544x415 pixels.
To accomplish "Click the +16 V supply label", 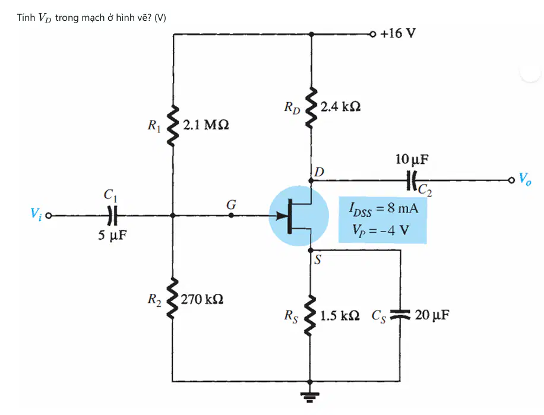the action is click(x=397, y=33).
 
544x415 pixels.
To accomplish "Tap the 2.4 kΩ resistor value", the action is click(x=340, y=106).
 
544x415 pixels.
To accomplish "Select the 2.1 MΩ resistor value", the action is click(x=205, y=125).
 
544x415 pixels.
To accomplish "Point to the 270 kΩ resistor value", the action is click(x=202, y=299).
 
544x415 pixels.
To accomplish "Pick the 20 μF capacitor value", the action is click(x=432, y=315).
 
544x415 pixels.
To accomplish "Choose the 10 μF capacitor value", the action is click(x=412, y=159).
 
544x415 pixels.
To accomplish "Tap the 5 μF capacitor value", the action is click(x=112, y=235).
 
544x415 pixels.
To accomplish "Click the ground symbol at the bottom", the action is click(x=310, y=395).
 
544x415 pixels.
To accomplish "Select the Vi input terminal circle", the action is click(x=49, y=216).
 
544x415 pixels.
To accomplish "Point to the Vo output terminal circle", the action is click(x=511, y=180).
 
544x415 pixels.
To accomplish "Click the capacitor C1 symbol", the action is click(x=112, y=216).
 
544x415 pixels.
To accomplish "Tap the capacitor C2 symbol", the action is click(x=412, y=180).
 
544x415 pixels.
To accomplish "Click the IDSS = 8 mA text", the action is click(x=384, y=209).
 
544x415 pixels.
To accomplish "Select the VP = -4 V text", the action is click(x=381, y=230).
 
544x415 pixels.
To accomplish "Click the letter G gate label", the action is click(x=231, y=205).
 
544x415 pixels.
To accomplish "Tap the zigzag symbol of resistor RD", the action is click(x=311, y=107).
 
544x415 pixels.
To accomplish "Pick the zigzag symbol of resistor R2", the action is click(x=172, y=298).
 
